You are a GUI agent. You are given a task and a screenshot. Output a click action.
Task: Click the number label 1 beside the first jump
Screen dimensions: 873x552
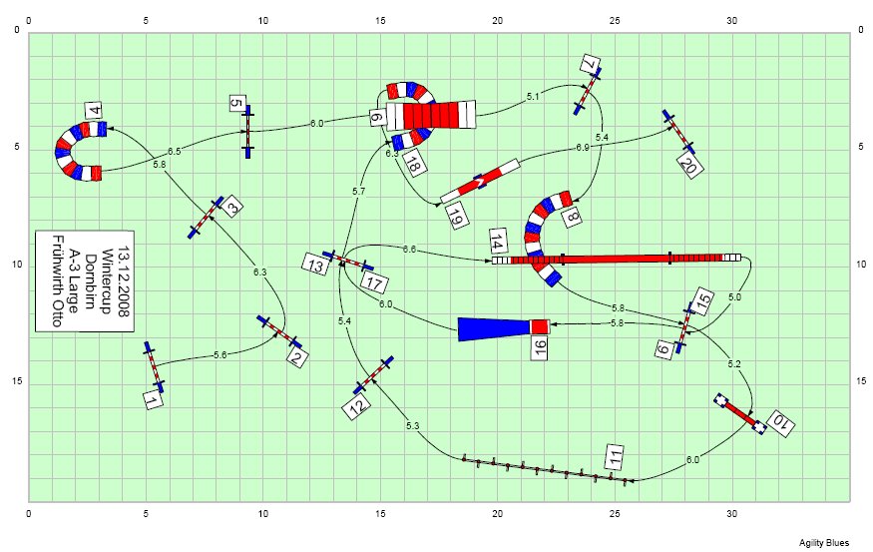pos(153,399)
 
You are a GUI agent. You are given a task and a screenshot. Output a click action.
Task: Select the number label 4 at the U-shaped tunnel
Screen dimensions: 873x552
pos(95,110)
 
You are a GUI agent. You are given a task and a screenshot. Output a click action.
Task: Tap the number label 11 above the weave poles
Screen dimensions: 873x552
pos(615,457)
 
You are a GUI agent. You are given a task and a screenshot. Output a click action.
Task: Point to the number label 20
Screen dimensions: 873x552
pos(690,166)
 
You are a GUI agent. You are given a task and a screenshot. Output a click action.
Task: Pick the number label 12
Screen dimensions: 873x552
pos(357,406)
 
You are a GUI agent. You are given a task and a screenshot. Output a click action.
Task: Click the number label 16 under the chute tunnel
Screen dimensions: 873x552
pos(540,347)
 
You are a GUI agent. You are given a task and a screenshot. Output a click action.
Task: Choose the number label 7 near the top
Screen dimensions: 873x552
pos(589,64)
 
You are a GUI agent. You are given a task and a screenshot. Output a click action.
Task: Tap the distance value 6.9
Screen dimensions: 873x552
pos(583,148)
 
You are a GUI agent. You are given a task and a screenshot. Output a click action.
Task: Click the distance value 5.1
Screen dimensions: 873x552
pos(533,97)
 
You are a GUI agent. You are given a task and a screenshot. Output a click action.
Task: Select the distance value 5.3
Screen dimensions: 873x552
pos(412,426)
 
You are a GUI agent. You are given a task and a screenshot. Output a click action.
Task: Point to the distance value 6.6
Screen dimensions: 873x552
pos(409,250)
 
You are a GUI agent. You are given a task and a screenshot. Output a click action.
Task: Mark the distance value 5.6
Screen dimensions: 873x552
pos(219,354)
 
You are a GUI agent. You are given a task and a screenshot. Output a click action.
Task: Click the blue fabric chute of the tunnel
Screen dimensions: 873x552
pos(493,328)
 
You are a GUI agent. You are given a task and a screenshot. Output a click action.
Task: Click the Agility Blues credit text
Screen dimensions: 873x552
pos(824,543)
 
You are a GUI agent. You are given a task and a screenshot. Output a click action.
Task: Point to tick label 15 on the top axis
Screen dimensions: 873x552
pos(380,21)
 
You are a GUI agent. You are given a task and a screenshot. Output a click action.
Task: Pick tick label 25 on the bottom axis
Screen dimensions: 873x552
pos(615,513)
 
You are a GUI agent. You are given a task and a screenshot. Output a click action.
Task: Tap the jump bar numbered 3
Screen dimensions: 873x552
pos(206,217)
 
